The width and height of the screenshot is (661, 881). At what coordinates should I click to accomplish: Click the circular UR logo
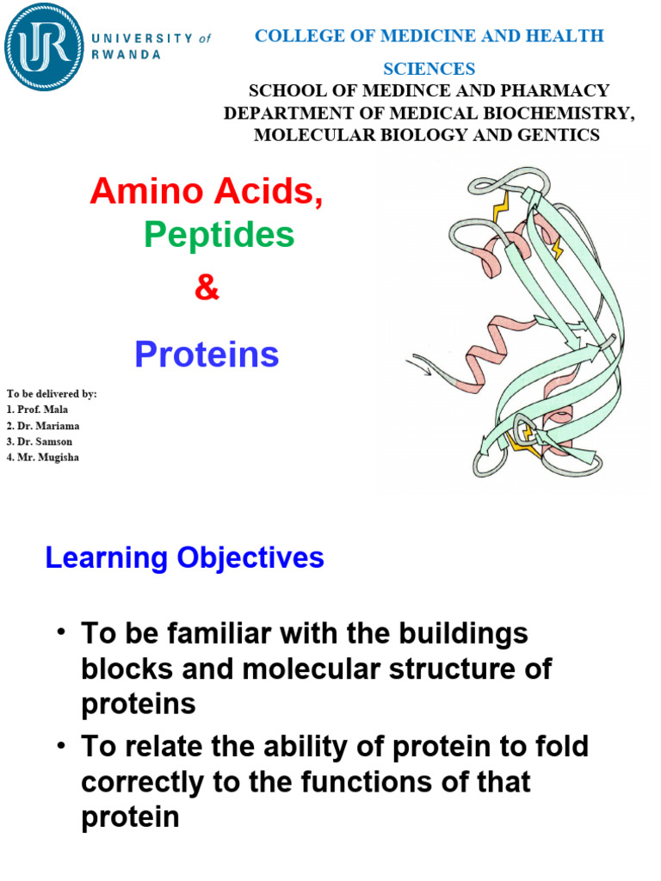(x=44, y=46)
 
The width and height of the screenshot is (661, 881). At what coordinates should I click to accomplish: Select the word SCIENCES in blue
(x=429, y=69)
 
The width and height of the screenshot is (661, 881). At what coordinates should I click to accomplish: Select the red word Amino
(x=138, y=191)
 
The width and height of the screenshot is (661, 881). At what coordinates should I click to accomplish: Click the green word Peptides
(x=219, y=235)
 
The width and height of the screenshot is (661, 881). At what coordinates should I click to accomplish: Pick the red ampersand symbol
(x=207, y=289)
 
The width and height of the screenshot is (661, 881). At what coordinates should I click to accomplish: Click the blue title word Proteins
(x=207, y=354)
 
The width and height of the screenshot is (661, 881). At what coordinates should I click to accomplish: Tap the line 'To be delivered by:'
(x=52, y=393)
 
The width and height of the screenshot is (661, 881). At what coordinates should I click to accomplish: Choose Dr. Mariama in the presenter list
(x=42, y=425)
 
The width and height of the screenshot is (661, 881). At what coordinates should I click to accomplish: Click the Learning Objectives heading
(x=184, y=558)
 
